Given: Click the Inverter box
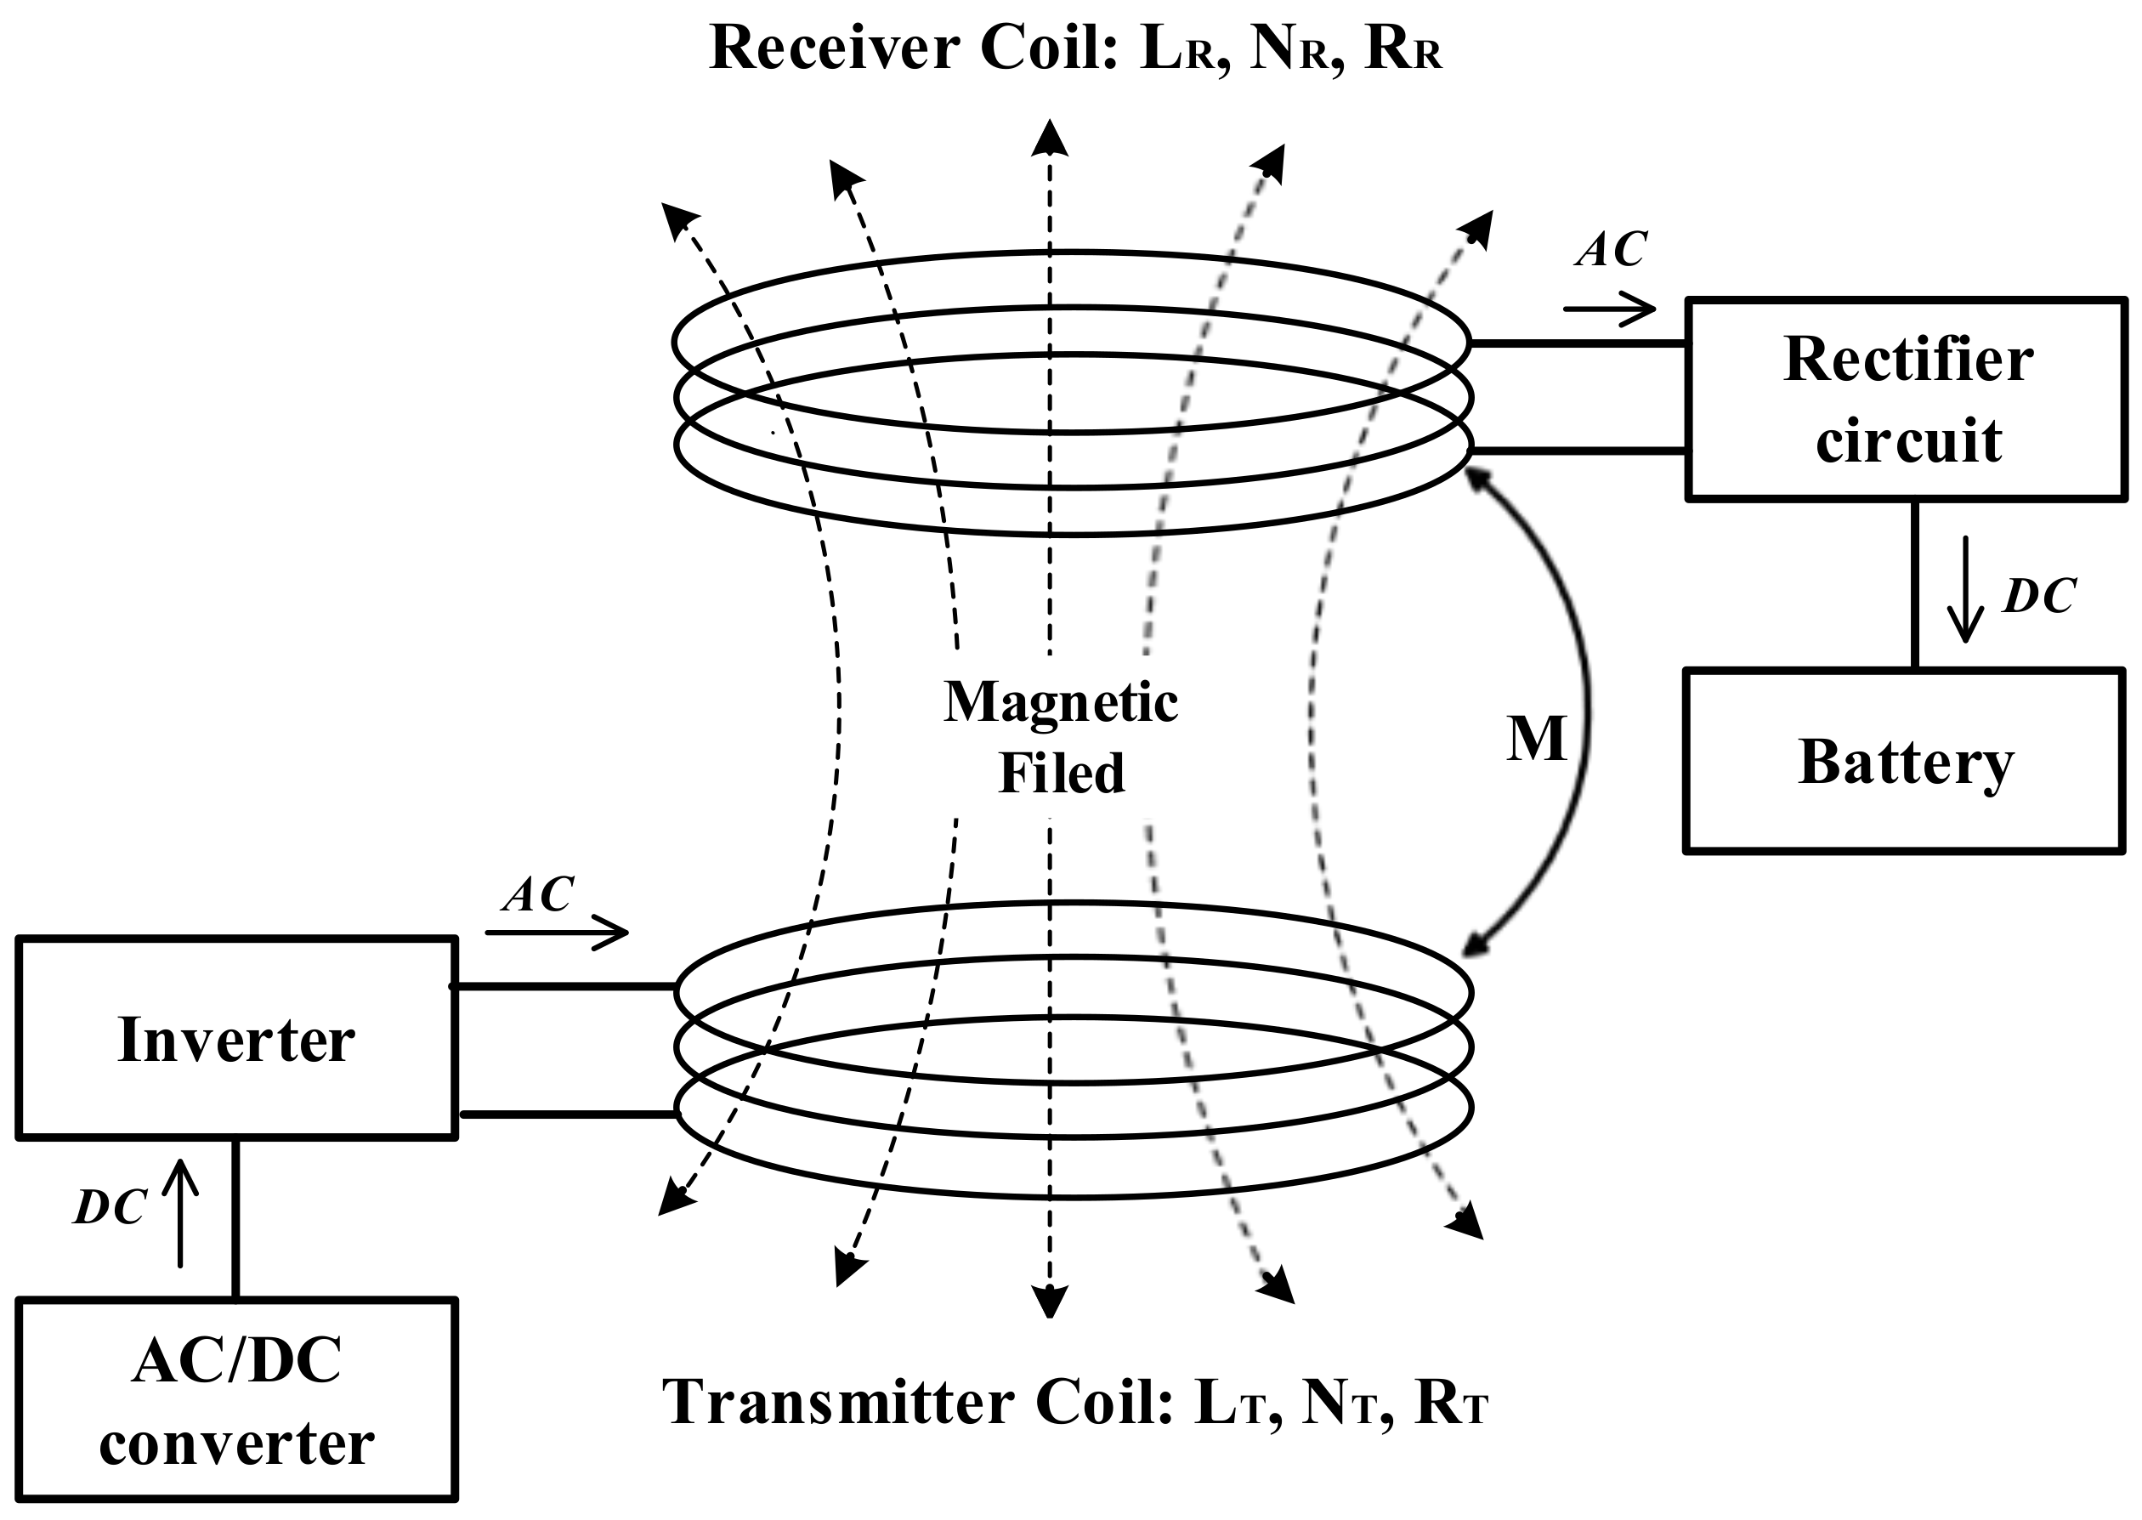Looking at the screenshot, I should (237, 1038).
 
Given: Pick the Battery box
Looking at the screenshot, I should (1903, 761).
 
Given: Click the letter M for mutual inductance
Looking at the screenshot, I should (1536, 740).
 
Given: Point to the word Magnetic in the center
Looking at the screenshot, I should (1060, 703).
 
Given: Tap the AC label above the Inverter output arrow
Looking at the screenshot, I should (538, 895).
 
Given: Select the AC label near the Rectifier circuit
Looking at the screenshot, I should (1611, 249).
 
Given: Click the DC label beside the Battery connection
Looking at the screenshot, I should (2039, 595).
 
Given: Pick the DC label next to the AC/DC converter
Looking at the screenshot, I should (110, 1208).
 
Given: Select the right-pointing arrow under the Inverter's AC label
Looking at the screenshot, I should (557, 933).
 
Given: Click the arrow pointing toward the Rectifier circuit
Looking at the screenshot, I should (1610, 308).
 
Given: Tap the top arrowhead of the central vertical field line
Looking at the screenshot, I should (1050, 138).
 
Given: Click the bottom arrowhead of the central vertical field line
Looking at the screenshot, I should (1050, 1300).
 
